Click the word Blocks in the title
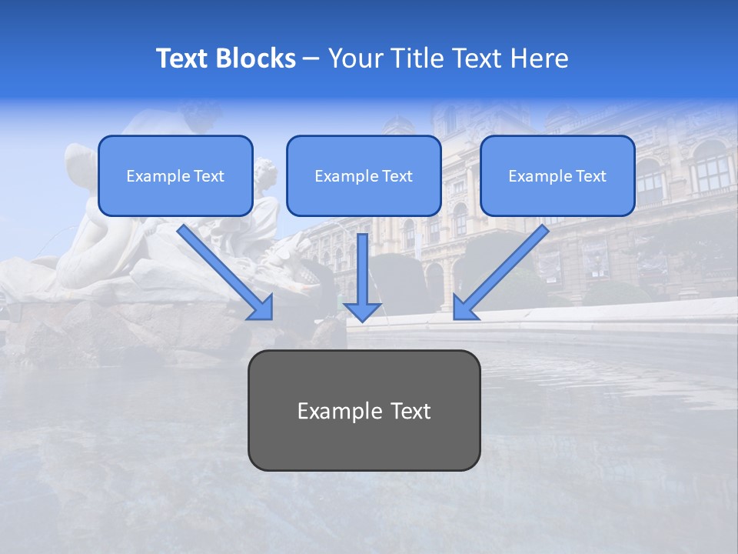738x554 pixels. [x=256, y=58]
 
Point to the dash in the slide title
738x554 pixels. [x=311, y=59]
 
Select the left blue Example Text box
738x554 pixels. [x=175, y=175]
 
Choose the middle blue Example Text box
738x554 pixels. [x=364, y=175]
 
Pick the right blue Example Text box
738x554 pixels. [x=557, y=175]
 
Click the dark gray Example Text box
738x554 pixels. [x=364, y=410]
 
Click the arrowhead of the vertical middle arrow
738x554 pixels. [x=362, y=311]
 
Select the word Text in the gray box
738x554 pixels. [x=411, y=411]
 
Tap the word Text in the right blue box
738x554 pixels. [x=590, y=176]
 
